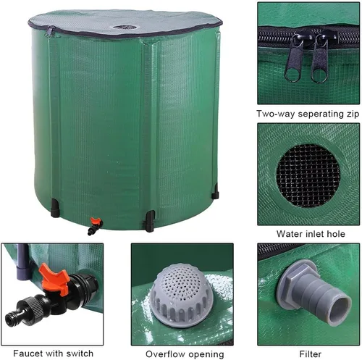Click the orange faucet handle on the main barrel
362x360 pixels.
[x=96, y=221]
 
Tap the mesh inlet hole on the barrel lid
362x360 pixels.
[x=125, y=28]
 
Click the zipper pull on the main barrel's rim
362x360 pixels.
[x=49, y=32]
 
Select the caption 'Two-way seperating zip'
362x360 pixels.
[x=308, y=114]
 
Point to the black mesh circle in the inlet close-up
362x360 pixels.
[x=308, y=175]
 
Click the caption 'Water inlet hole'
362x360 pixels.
[x=311, y=234]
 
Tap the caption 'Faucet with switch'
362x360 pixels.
[x=53, y=353]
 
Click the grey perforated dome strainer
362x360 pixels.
[x=182, y=296]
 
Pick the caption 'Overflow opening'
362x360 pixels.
[x=185, y=354]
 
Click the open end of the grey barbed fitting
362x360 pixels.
[x=340, y=311]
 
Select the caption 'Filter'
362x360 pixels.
[x=310, y=354]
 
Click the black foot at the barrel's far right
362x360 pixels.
[x=215, y=192]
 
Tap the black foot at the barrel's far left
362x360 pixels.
[x=55, y=208]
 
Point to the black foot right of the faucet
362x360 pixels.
[x=150, y=221]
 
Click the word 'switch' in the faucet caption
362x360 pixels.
[x=80, y=353]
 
